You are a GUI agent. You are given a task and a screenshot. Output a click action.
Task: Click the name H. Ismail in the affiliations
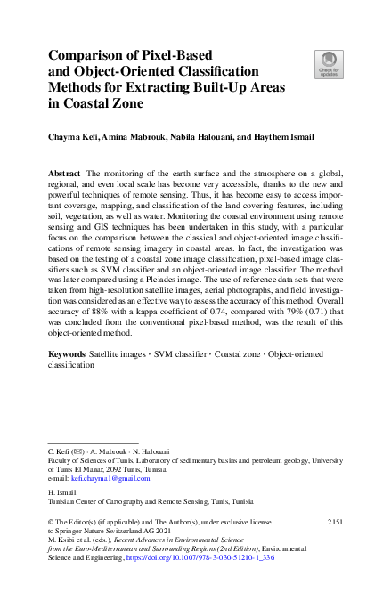61,492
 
